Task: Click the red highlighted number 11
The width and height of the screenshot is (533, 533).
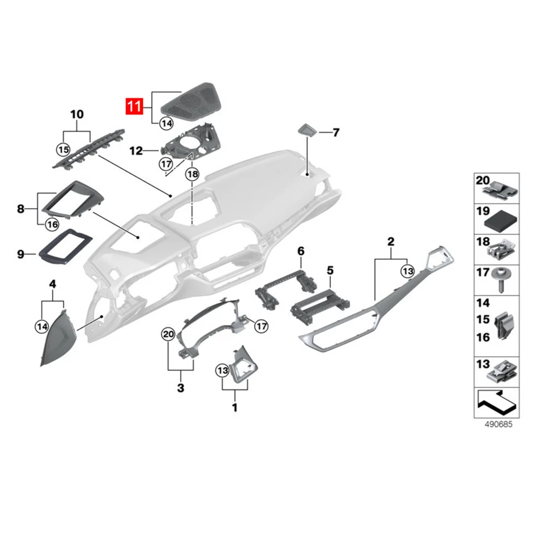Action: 135,106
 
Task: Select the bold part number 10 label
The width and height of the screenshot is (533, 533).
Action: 77,115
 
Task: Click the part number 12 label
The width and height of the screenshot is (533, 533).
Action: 136,150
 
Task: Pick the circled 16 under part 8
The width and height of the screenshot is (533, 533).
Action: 52,224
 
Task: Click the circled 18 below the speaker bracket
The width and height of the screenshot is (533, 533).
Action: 192,174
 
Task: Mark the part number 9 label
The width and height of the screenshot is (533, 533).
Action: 21,254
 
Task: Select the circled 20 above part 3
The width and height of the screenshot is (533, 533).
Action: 168,334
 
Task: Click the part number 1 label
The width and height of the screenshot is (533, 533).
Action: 234,408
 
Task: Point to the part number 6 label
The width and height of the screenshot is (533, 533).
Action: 301,252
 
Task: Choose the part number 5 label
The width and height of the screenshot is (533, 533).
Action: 330,270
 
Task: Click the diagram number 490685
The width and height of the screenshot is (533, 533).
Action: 496,425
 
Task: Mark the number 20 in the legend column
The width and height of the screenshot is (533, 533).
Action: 482,180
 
